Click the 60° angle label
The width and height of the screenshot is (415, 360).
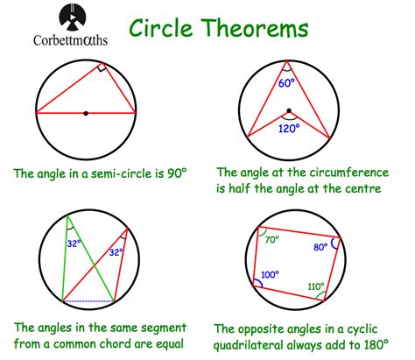click(x=286, y=82)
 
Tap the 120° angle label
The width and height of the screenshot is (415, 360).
click(x=289, y=128)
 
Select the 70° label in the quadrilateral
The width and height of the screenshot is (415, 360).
click(x=272, y=240)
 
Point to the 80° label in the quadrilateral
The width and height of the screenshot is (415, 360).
click(x=320, y=247)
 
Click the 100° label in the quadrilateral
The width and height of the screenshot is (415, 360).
click(x=270, y=275)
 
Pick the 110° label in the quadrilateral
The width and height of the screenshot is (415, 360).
click(x=316, y=286)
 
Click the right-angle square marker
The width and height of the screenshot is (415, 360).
click(x=102, y=67)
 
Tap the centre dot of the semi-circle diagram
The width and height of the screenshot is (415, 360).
click(x=86, y=113)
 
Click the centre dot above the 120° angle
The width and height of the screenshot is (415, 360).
click(x=289, y=110)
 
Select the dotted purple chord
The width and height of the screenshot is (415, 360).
click(x=88, y=301)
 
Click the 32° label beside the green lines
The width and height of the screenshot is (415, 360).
click(x=74, y=244)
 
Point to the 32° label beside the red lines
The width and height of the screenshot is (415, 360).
click(x=116, y=252)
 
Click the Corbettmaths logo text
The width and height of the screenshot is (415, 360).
click(x=70, y=40)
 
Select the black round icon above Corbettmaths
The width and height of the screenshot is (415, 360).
click(x=73, y=18)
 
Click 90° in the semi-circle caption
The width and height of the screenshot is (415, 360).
click(x=177, y=173)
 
